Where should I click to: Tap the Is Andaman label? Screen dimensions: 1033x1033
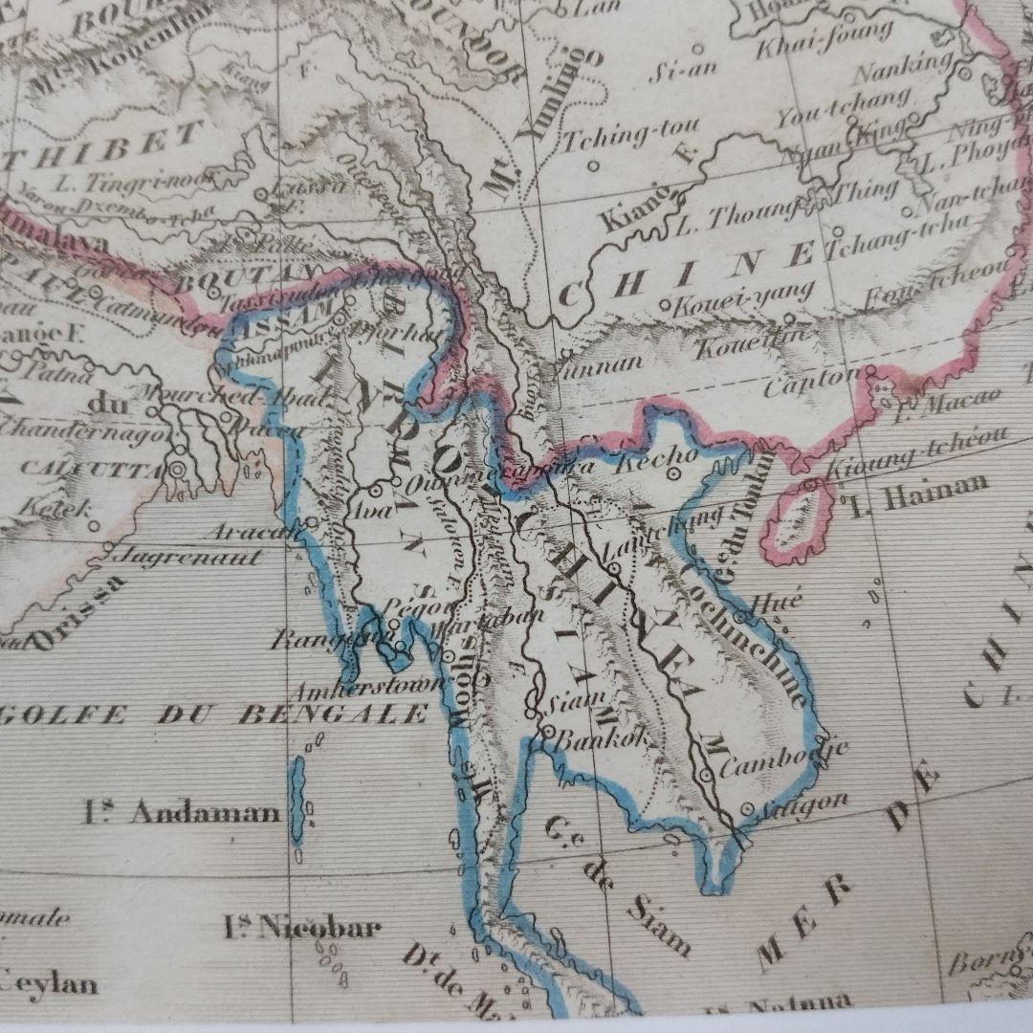182,813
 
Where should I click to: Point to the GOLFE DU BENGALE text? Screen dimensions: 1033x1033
215,714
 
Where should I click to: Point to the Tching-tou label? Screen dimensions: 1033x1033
629,135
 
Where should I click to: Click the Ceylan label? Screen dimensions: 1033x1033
48,982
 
